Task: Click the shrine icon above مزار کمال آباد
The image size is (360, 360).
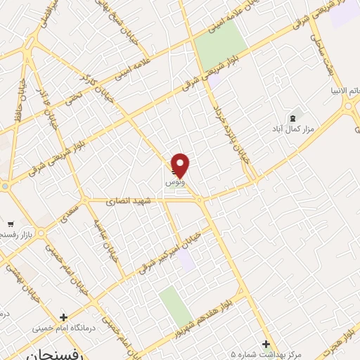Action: coord(292,116)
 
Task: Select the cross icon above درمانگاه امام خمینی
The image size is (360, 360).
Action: coord(64,318)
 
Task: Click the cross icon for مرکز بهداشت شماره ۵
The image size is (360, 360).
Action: coord(265,344)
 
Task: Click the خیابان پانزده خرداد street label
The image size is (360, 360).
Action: coord(226,126)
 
